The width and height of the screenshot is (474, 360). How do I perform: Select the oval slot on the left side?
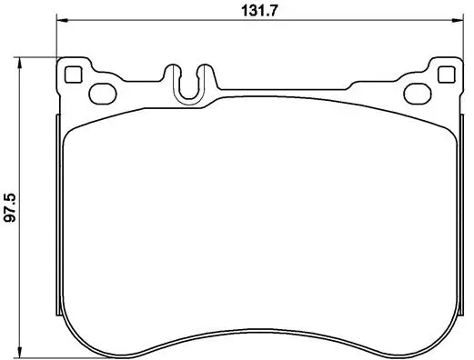coord(100,91)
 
